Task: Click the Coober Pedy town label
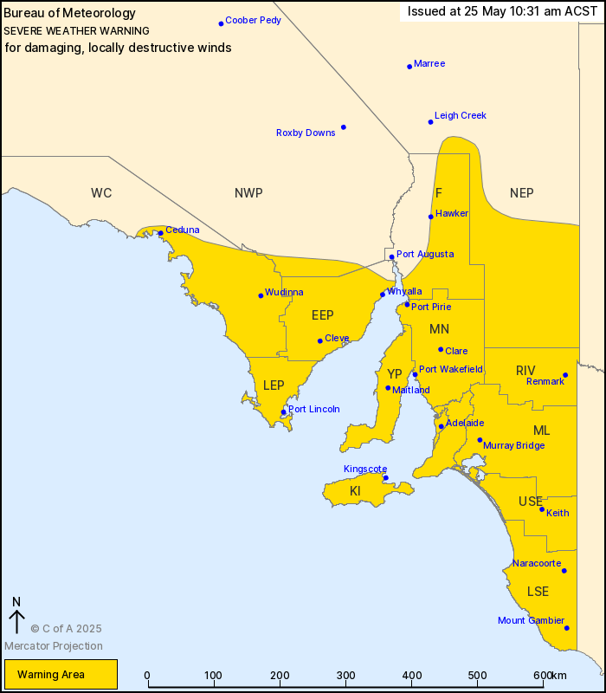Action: [x=253, y=20]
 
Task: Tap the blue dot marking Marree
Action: [x=409, y=66]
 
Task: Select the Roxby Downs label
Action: [x=306, y=133]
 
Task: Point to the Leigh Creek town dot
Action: [x=430, y=121]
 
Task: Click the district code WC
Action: [x=101, y=192]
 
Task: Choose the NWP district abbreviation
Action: [x=248, y=192]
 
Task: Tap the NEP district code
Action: [x=522, y=192]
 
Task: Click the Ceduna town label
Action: [x=183, y=230]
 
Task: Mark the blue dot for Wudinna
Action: [x=261, y=295]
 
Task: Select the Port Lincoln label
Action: [x=314, y=409]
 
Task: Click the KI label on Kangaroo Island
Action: [x=355, y=491]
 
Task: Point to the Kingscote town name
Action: [x=365, y=469]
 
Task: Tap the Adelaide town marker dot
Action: [x=442, y=426]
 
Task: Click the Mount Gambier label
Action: [x=531, y=620]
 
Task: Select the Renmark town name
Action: [x=544, y=381]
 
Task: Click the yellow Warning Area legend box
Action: [x=61, y=674]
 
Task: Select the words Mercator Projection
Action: [x=54, y=645]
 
